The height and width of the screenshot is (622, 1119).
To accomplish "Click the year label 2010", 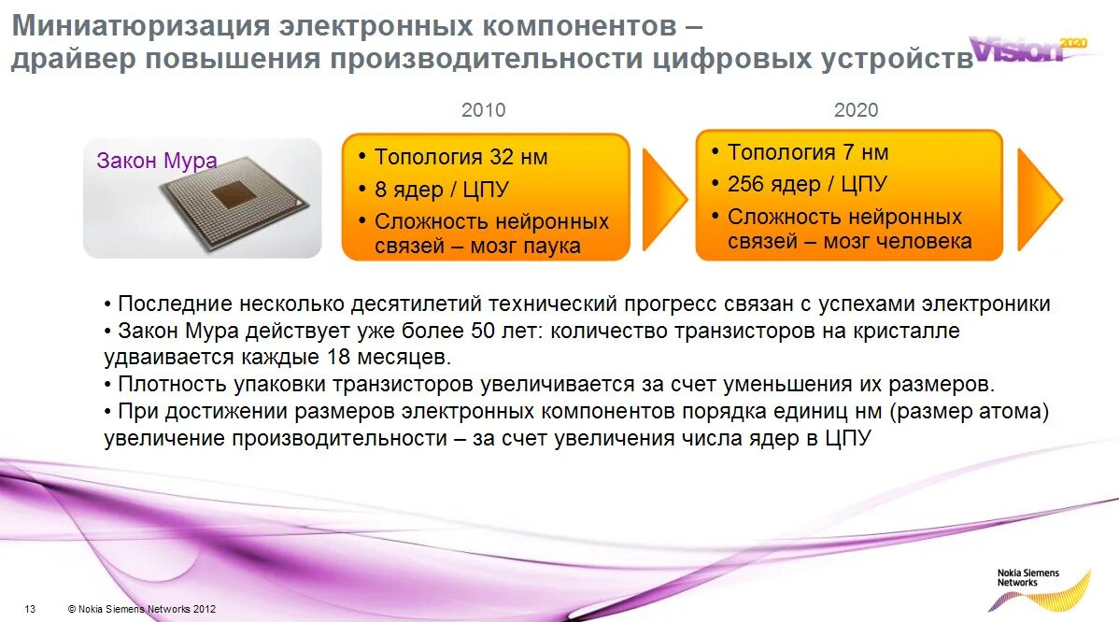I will point(483,110).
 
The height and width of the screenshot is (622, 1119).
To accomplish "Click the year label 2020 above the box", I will point(856,110).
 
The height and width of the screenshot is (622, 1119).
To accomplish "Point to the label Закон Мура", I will point(157,161).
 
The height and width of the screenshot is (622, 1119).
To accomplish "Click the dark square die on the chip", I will point(229,194).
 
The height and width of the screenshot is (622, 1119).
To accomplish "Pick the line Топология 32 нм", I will point(460,157).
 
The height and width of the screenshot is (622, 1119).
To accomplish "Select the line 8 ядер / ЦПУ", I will point(441,190).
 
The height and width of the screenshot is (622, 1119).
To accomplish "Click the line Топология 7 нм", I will point(808,152).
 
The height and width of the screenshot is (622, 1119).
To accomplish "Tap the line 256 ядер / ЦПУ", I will point(807,184).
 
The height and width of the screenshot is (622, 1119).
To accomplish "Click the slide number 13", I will point(30,609).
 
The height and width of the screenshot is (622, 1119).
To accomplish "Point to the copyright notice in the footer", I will point(142,609).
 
